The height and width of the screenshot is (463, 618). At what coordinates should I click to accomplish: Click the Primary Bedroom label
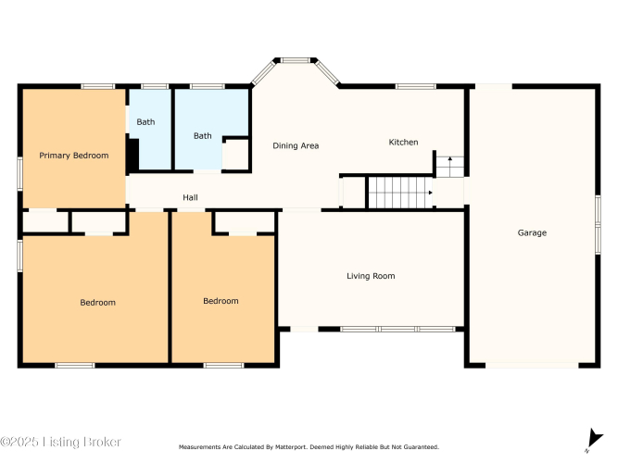pos(74,156)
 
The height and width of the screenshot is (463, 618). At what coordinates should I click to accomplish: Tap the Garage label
pos(532,232)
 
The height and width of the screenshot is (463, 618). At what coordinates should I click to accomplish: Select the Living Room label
pos(371,276)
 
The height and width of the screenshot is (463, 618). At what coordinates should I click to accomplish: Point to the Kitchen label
pos(403,143)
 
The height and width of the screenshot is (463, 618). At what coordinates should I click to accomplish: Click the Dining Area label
pos(296,145)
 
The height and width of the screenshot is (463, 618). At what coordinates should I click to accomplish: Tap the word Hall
pos(190,197)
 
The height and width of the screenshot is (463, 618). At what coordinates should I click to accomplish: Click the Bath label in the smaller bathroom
pos(145,122)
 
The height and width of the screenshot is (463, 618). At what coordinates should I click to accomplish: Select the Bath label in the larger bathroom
pos(203,136)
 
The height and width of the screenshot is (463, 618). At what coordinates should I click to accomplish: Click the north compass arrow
pos(594,439)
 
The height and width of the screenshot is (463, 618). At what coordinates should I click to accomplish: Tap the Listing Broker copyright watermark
pos(60,442)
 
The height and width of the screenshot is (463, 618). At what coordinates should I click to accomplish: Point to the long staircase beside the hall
pos(400,193)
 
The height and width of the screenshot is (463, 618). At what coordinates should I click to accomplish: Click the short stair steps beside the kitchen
pos(449,167)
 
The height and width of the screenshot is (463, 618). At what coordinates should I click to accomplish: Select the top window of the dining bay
pos(296,60)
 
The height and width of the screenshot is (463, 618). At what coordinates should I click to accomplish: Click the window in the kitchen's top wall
pos(416,86)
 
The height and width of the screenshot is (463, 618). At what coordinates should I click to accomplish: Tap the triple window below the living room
pos(398,329)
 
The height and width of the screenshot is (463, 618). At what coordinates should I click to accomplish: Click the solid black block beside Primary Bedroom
pos(132,154)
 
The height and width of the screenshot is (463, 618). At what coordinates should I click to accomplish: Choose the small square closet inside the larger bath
pos(235,154)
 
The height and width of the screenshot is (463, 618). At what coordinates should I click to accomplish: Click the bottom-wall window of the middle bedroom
pos(223,365)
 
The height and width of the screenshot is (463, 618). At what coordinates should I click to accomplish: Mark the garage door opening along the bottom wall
pos(532,365)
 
